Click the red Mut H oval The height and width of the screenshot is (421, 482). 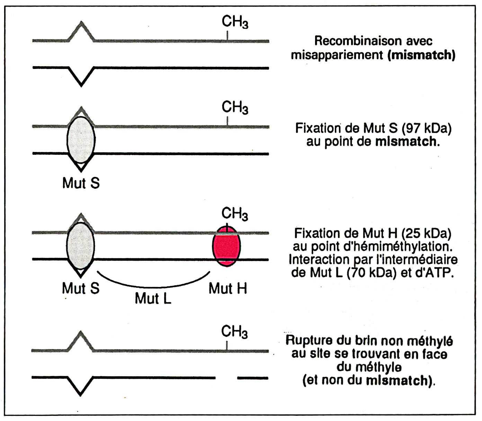pyautogui.click(x=226, y=247)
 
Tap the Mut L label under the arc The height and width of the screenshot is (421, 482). pyautogui.click(x=153, y=298)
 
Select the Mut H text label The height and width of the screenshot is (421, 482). pyautogui.click(x=228, y=288)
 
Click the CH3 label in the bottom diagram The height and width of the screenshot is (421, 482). pyautogui.click(x=234, y=332)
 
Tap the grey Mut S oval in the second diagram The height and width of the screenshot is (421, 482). pyautogui.click(x=81, y=140)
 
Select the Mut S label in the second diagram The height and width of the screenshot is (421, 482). pyautogui.click(x=81, y=183)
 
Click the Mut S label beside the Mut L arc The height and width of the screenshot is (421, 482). pyautogui.click(x=81, y=288)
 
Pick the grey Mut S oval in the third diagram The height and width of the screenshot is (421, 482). pyautogui.click(x=81, y=246)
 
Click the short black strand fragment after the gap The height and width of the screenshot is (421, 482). pyautogui.click(x=253, y=378)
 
